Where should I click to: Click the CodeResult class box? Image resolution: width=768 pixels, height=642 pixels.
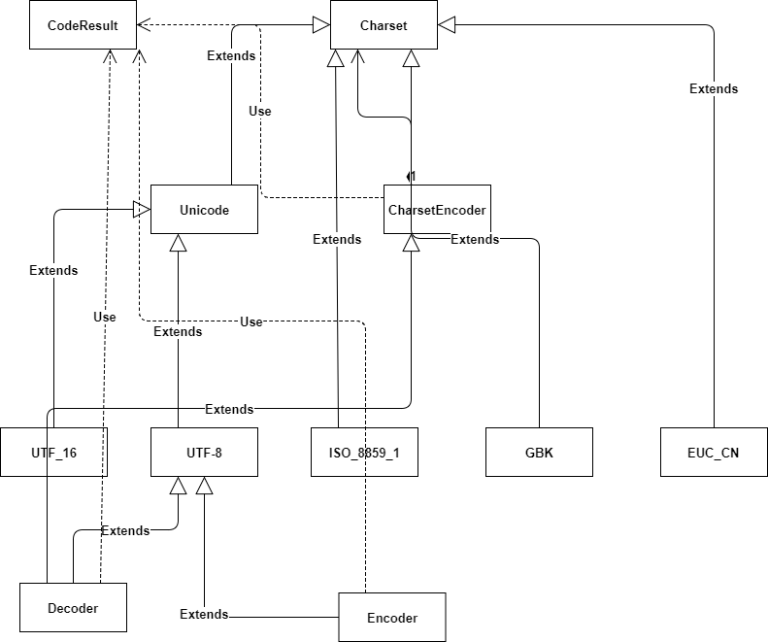click(x=83, y=26)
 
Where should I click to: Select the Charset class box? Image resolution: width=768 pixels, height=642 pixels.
click(x=384, y=26)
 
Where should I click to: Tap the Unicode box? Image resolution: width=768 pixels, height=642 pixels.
click(x=204, y=210)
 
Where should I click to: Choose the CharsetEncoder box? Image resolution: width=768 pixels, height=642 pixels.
click(x=437, y=210)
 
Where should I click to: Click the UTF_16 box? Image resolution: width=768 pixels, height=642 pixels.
click(x=53, y=452)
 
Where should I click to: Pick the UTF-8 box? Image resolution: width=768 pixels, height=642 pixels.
click(x=204, y=452)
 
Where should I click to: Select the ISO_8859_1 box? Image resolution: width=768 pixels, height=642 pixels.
click(x=364, y=452)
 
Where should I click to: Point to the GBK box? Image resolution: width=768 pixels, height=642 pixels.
click(x=538, y=452)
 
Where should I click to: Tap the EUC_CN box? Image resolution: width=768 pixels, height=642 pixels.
click(x=713, y=452)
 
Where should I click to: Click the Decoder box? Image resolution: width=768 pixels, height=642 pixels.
click(x=73, y=608)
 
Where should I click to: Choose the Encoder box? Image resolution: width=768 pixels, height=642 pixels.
click(x=391, y=618)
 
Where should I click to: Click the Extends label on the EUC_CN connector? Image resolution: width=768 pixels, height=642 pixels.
click(x=714, y=89)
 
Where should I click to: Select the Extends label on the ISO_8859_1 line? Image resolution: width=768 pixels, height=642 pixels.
click(x=337, y=240)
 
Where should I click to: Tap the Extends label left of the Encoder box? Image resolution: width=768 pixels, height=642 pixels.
click(x=204, y=615)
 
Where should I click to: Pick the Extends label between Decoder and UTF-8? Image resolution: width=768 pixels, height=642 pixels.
click(x=125, y=531)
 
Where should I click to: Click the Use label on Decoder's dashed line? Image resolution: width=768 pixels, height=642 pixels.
click(x=104, y=318)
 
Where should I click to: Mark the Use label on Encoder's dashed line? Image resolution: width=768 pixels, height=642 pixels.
click(x=251, y=322)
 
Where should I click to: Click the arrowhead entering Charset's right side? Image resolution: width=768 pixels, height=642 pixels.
click(x=447, y=26)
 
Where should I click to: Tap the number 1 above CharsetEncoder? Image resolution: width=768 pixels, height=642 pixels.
click(x=412, y=176)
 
